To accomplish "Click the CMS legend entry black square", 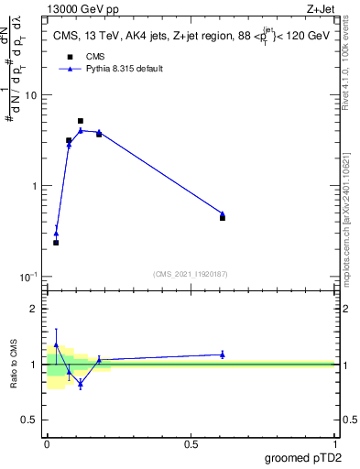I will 69,56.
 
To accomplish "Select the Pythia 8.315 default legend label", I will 124,69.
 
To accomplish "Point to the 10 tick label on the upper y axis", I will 30,95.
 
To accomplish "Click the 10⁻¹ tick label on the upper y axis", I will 28,277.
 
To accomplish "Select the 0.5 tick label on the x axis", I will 191,443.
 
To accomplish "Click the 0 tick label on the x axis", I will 47,443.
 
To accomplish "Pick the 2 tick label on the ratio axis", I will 36,309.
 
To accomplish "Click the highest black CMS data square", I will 81,121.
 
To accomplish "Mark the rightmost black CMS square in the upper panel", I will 223,218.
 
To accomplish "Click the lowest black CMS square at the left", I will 56,243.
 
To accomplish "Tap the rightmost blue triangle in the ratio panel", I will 223,354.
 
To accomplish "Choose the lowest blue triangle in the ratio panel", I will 81,384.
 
